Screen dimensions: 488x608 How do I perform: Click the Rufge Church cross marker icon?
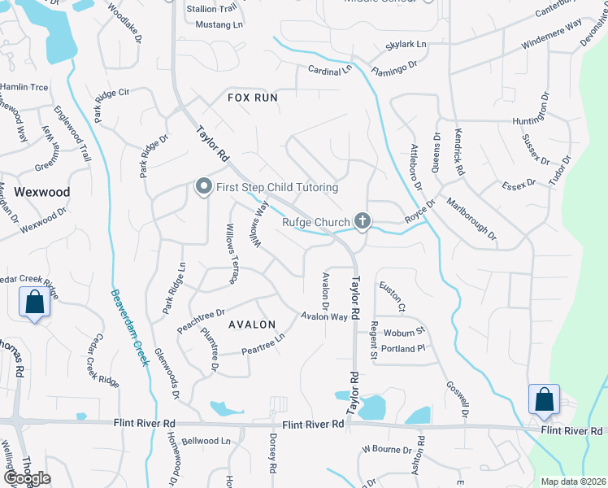coord(363,221)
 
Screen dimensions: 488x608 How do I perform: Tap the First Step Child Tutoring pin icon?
coord(203,188)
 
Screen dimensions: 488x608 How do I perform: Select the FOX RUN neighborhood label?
coord(252,98)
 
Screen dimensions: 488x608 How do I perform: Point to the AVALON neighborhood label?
coord(252,325)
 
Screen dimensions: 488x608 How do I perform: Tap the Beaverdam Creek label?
coord(129,327)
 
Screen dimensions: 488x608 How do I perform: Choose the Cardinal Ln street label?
coord(330,70)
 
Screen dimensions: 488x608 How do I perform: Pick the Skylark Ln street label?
coord(406,43)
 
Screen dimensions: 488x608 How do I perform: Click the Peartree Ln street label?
coord(263,344)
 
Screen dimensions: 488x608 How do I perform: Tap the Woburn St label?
coord(405,332)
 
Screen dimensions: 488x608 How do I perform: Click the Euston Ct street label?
coord(391,297)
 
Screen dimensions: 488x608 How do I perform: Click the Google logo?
coord(26,478)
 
